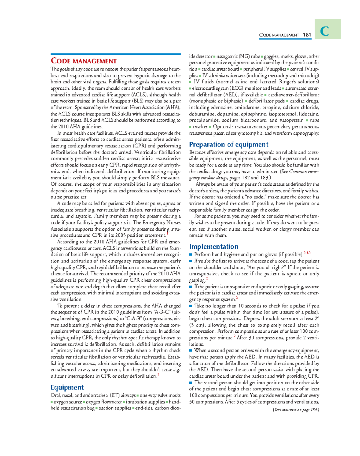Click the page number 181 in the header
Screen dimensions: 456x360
(307, 35)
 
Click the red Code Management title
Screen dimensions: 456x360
(84, 61)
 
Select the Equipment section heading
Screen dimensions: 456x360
(67, 387)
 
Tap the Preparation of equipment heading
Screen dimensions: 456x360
(229, 144)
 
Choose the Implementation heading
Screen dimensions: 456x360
(214, 247)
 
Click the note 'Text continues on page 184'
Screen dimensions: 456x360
(296, 410)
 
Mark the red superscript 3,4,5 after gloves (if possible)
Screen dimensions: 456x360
(307, 253)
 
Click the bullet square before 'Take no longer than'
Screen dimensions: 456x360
(190, 306)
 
